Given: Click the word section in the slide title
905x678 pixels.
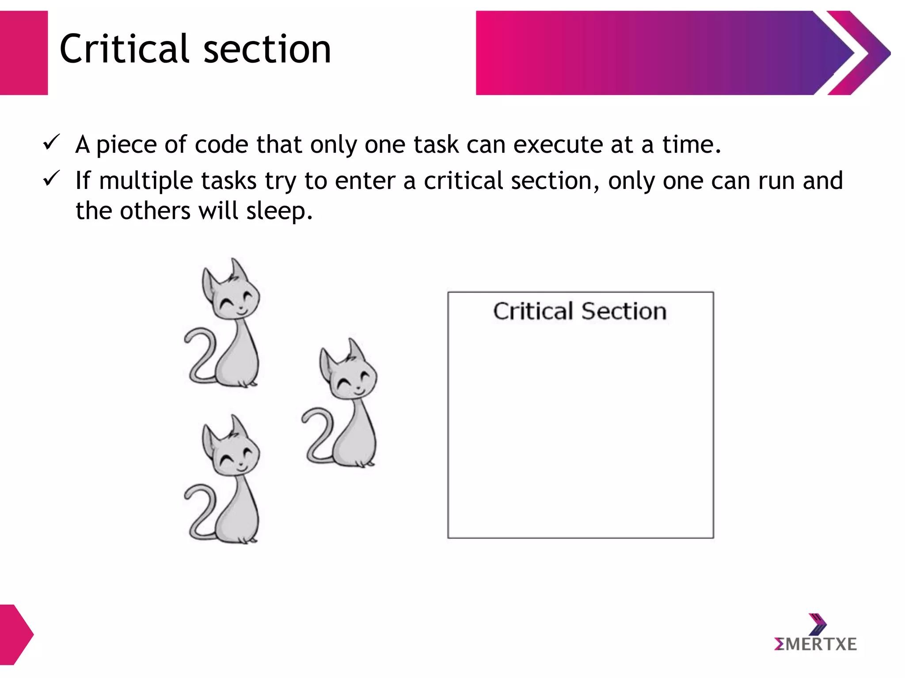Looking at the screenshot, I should [267, 49].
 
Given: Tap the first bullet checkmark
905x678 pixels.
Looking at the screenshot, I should [51, 143].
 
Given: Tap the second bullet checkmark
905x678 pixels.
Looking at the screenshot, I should [51, 179].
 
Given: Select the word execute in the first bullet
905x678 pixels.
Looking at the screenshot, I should [558, 145].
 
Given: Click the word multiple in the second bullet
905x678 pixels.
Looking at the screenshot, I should [146, 181].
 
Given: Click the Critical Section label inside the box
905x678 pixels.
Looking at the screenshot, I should [580, 311].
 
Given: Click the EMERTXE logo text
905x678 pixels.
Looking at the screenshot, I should [815, 644].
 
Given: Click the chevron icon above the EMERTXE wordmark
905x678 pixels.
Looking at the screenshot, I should [818, 623].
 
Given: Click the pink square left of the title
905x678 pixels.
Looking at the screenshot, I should [23, 53].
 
